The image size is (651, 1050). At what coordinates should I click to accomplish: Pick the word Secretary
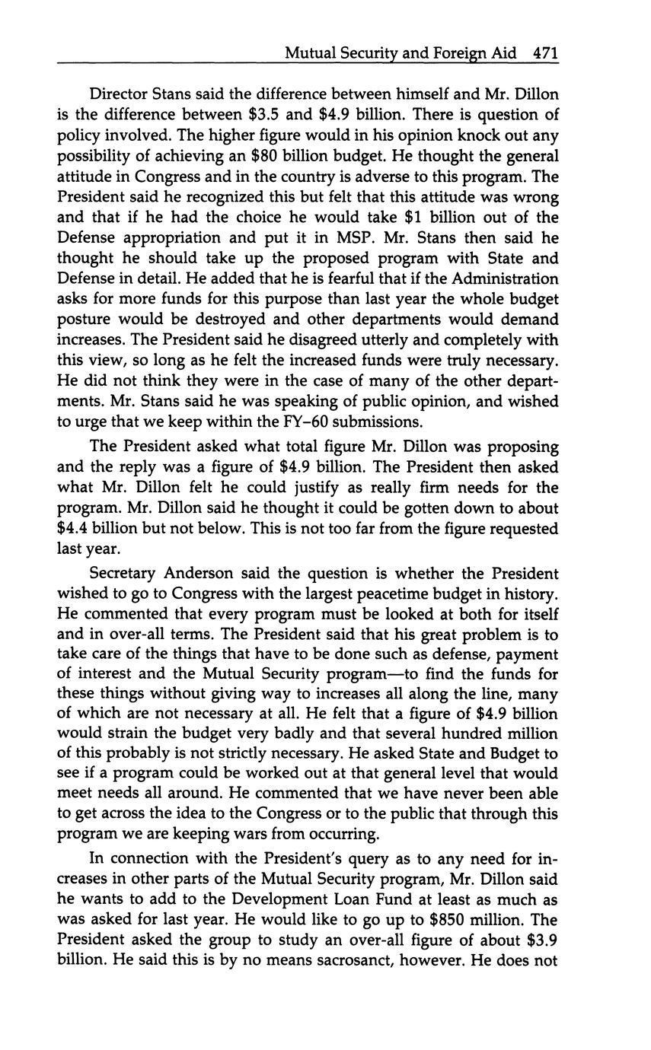(123, 573)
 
